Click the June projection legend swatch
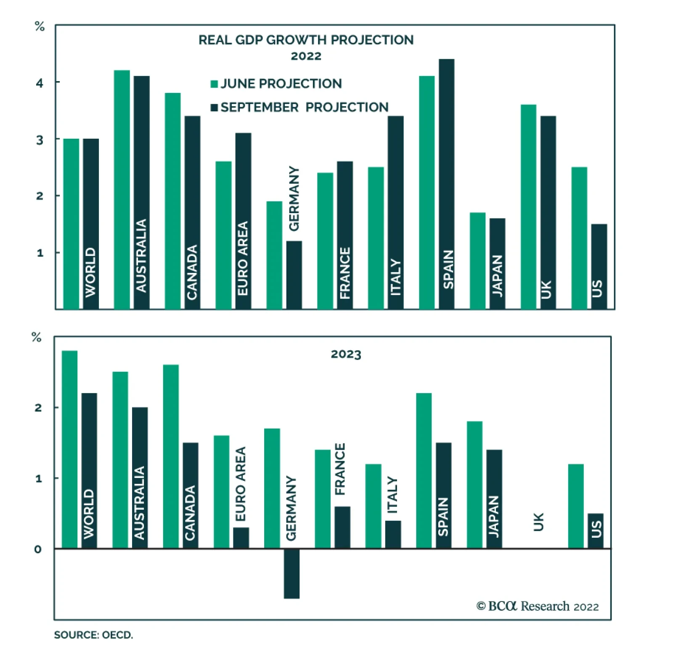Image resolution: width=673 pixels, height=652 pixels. click(x=214, y=84)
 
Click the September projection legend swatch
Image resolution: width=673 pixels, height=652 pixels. click(x=214, y=108)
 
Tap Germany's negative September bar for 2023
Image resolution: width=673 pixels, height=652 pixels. click(x=291, y=573)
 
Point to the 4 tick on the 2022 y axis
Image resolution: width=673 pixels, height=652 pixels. click(x=40, y=83)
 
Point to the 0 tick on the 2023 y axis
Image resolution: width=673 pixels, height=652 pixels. click(x=38, y=549)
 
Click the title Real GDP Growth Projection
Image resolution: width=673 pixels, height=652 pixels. click(x=306, y=40)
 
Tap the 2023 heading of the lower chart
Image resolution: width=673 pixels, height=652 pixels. click(x=346, y=354)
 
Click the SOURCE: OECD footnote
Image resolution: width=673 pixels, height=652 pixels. click(x=93, y=635)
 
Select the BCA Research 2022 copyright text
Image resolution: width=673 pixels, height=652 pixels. click(x=537, y=606)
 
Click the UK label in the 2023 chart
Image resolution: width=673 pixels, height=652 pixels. click(x=538, y=522)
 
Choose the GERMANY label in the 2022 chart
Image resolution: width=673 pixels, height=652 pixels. click(x=294, y=198)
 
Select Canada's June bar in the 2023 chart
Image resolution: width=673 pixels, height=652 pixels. click(x=171, y=456)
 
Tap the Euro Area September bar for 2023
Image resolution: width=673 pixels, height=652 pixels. click(x=241, y=538)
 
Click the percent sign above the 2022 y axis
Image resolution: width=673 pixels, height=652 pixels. click(x=40, y=27)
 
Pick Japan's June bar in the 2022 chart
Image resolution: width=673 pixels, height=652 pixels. click(x=477, y=261)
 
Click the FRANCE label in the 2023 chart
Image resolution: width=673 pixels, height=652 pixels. click(x=340, y=469)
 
